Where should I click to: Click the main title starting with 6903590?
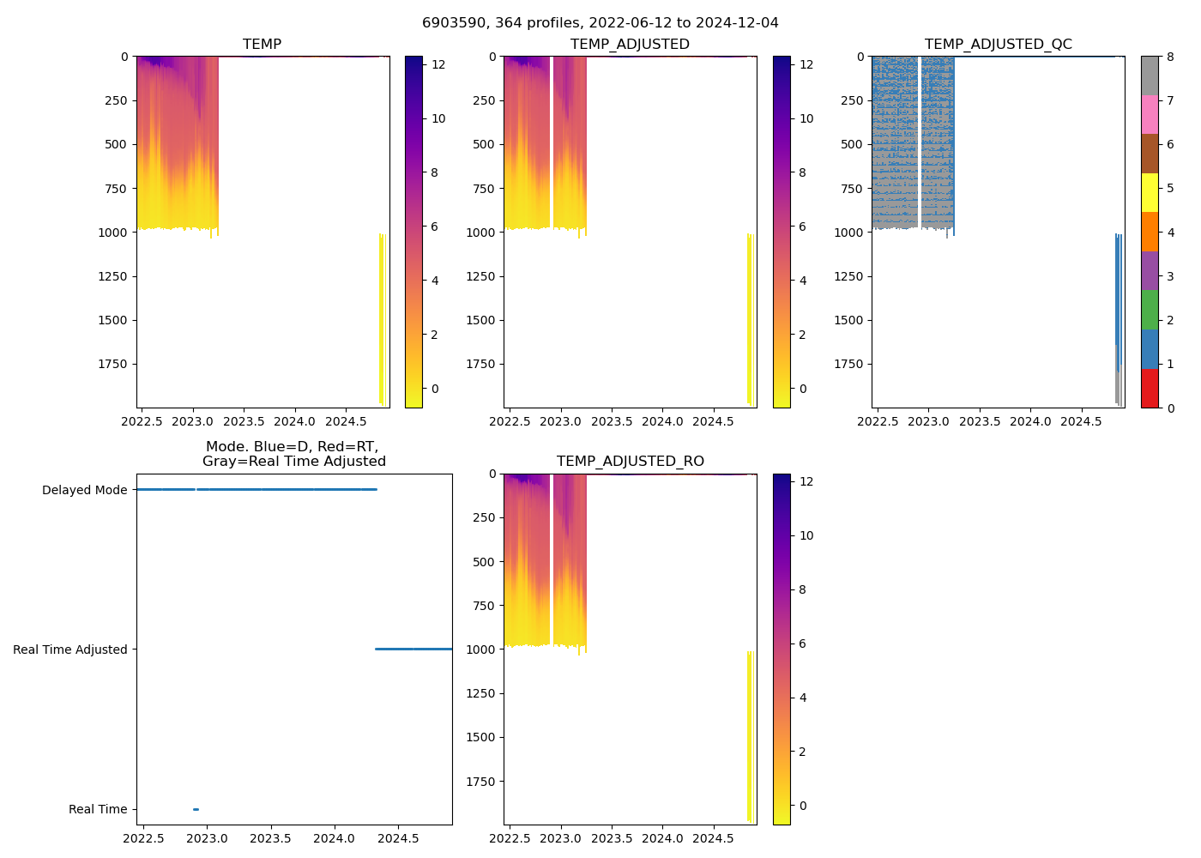600,23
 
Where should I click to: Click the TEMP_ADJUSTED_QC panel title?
998,45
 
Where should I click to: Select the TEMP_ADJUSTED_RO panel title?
630,462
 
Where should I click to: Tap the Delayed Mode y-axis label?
84,490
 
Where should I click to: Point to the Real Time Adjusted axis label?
69,650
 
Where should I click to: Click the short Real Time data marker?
196,809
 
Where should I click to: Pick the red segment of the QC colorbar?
1150,389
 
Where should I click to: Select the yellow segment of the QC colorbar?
1150,192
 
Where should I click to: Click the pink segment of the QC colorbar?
1150,114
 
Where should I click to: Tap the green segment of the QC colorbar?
1150,310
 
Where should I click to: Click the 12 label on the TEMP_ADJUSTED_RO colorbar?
806,481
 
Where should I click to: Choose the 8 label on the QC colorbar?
1170,57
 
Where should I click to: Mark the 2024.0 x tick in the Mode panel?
335,838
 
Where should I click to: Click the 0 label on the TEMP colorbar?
434,389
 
